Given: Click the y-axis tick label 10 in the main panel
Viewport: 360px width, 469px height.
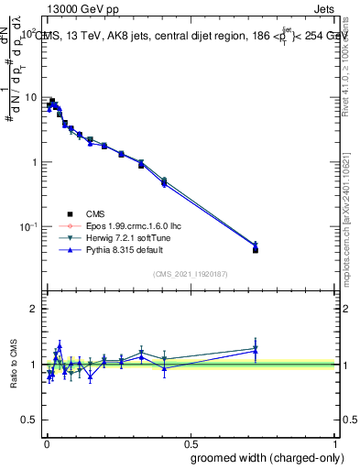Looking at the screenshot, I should pyautogui.click(x=31, y=97).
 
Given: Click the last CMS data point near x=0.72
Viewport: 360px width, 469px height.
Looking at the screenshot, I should pyautogui.click(x=256, y=249).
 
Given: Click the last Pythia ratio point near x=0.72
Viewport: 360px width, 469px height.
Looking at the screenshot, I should pyautogui.click(x=256, y=351).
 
